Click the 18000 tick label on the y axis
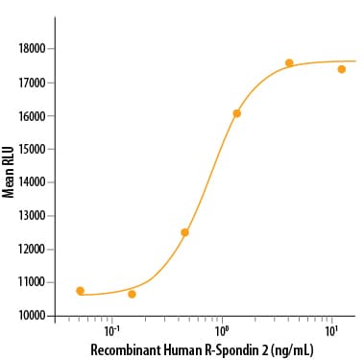click(x=32, y=49)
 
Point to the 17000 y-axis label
click(x=32, y=83)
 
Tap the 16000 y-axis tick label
click(x=32, y=116)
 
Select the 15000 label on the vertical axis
click(x=32, y=149)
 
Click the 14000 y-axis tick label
click(x=32, y=182)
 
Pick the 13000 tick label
click(x=32, y=216)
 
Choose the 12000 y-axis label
click(x=32, y=249)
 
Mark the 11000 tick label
click(x=32, y=282)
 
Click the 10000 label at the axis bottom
click(x=32, y=316)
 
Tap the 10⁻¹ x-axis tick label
click(x=110, y=332)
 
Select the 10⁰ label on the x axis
click(x=222, y=332)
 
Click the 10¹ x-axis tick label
click(x=331, y=332)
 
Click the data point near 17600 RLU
click(x=289, y=62)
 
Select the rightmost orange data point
click(x=342, y=69)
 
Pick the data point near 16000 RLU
click(x=236, y=113)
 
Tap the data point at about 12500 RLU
click(x=184, y=232)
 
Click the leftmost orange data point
click(x=80, y=291)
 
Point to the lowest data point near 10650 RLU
click(x=132, y=294)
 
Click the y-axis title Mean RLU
click(x=8, y=172)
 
